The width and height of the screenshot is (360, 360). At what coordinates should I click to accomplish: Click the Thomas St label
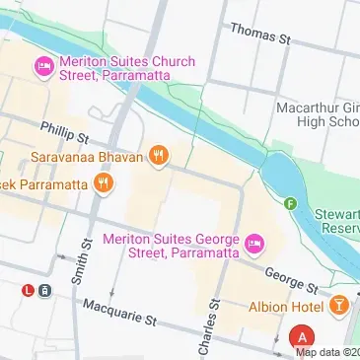260,34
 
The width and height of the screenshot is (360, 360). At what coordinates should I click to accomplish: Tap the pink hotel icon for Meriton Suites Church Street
42,68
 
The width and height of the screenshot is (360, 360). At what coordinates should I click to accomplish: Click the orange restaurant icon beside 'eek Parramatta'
104,182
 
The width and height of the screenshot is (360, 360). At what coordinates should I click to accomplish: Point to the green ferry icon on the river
290,204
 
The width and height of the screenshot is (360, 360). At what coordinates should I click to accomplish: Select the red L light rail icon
30,290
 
